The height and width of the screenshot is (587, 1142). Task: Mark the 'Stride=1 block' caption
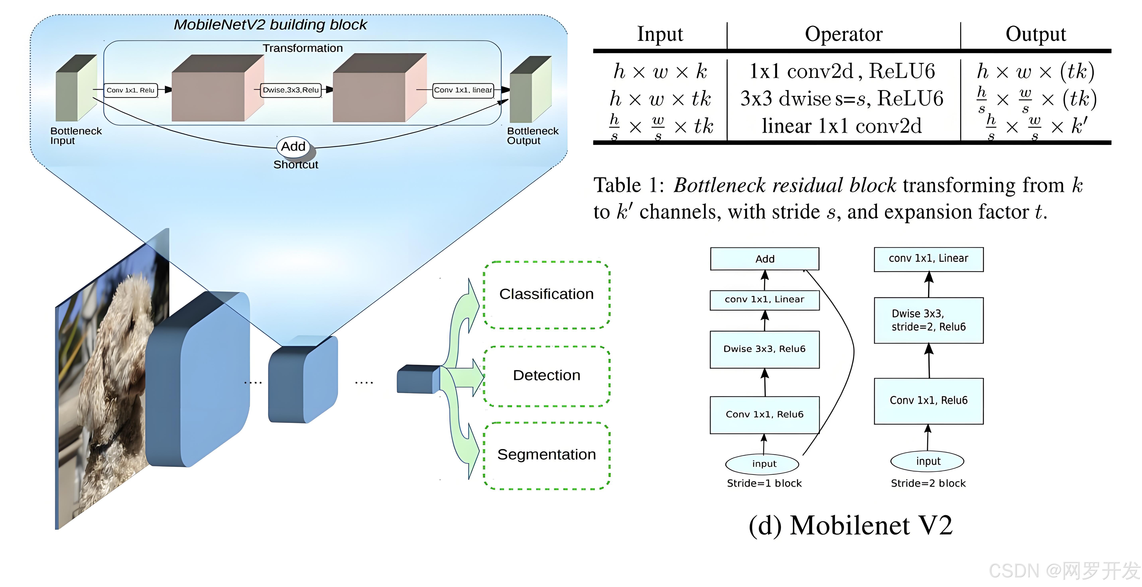click(x=764, y=483)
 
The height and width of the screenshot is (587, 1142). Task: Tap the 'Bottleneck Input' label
click(x=76, y=136)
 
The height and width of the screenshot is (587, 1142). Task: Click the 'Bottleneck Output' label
click(x=533, y=136)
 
